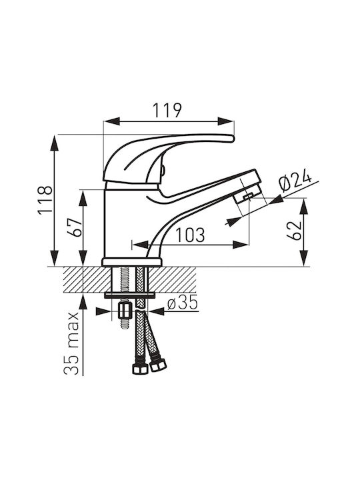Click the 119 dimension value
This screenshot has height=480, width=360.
pyautogui.click(x=167, y=110)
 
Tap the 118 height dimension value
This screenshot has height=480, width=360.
pyautogui.click(x=45, y=200)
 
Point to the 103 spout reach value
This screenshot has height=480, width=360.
pyautogui.click(x=190, y=235)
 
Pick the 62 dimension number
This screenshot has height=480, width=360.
pyautogui.click(x=294, y=230)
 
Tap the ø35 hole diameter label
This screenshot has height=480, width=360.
pyautogui.click(x=183, y=303)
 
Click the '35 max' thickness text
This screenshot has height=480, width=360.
pyautogui.click(x=71, y=344)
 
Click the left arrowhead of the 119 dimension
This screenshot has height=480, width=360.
pyautogui.click(x=111, y=121)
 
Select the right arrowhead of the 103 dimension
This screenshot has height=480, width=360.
pyautogui.click(x=240, y=244)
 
